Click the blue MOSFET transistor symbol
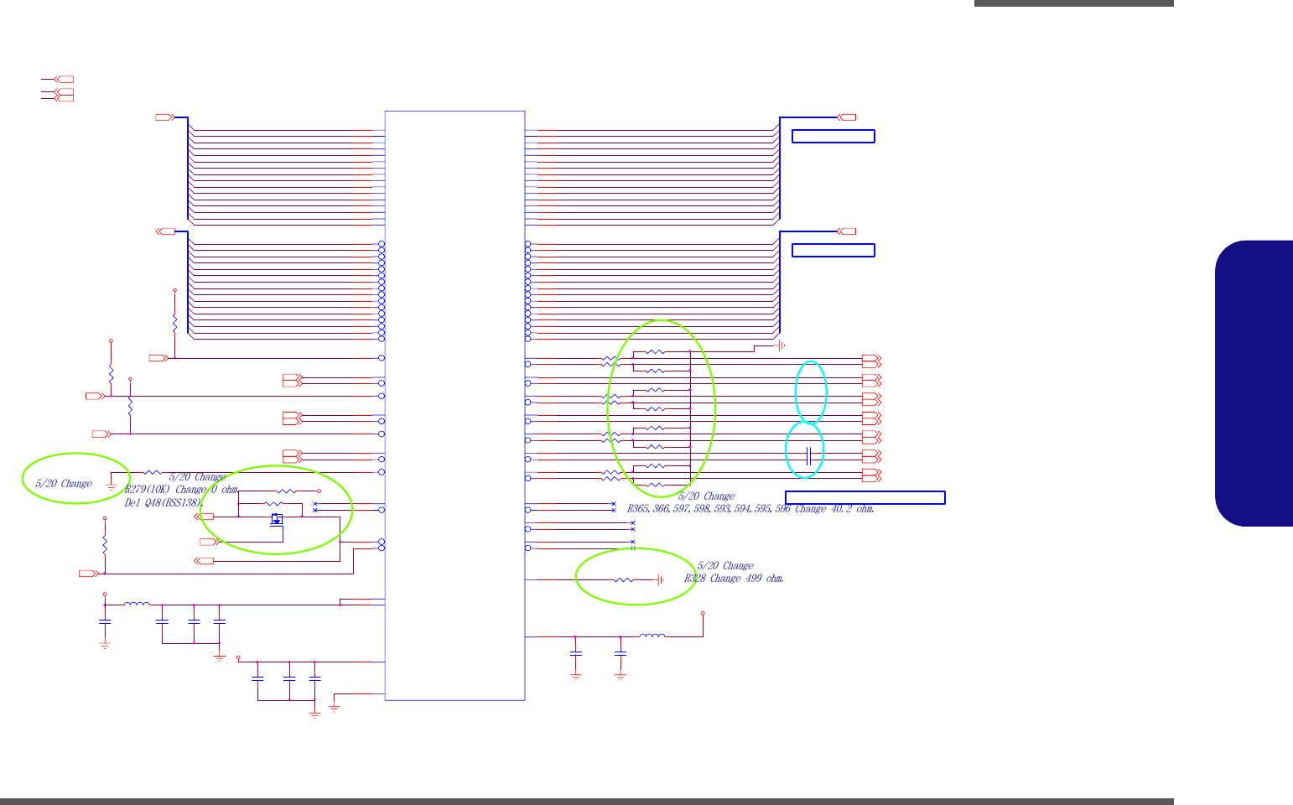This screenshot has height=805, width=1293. point(277,519)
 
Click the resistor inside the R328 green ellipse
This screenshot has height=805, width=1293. point(623,579)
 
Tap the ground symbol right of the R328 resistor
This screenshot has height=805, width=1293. point(661,579)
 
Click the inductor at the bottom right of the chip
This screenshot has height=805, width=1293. point(652,636)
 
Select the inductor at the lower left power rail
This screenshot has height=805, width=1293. point(137,604)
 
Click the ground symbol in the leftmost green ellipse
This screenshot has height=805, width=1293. point(111,484)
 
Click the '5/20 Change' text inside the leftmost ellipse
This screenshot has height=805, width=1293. point(64,484)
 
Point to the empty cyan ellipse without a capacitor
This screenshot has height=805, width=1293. point(811,391)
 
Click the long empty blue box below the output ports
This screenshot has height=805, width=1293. point(865,497)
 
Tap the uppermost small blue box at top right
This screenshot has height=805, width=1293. point(833,137)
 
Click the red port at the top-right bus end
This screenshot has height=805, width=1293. point(847,117)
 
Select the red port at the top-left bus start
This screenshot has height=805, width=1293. point(164,117)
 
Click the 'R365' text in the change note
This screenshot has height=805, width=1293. point(639,509)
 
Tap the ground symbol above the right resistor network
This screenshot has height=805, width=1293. point(780,345)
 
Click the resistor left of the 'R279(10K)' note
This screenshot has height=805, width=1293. point(153,472)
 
